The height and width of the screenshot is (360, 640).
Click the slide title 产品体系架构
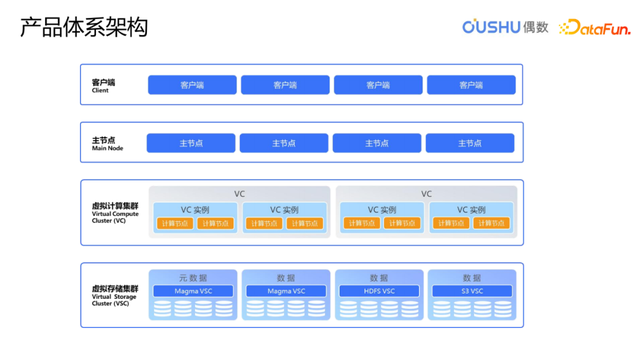tap(84, 27)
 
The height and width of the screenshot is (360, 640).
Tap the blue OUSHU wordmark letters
tap(491, 27)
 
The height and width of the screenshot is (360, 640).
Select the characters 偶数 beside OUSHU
tap(536, 27)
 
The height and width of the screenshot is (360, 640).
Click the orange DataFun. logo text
tap(598, 28)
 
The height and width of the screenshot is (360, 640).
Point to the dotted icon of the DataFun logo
tap(567, 28)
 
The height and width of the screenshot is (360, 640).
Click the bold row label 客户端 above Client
tap(103, 81)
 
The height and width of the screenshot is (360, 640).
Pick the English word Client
tap(100, 90)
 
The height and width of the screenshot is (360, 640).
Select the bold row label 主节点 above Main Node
tap(104, 140)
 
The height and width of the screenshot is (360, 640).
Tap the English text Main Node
tap(108, 149)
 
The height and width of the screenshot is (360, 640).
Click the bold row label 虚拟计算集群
tap(114, 205)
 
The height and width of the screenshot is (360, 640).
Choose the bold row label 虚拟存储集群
tap(114, 288)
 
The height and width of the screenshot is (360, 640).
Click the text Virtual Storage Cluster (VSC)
tap(112, 300)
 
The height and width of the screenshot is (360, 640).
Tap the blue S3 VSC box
tap(471, 291)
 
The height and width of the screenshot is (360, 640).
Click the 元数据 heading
tap(193, 277)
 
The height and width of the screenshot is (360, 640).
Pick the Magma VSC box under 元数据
tap(193, 291)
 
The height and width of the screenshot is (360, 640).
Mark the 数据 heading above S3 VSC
tap(471, 277)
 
